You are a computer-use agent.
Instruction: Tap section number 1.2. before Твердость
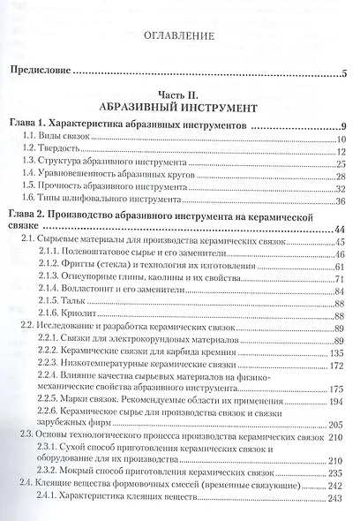click(33, 151)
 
